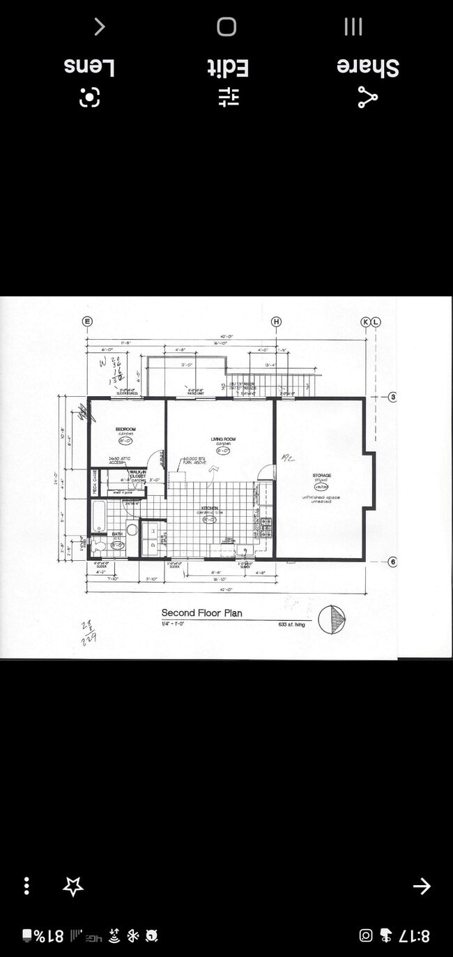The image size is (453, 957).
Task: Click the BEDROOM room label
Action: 126,429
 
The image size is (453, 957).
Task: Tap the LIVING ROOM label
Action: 223,439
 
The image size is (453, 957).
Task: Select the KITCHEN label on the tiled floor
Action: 209,508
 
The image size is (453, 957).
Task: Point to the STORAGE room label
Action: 321,475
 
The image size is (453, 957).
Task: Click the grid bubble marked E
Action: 87,322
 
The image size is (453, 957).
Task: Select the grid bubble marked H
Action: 277,322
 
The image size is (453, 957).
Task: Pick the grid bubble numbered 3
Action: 392,398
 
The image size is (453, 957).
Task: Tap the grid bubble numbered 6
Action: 392,562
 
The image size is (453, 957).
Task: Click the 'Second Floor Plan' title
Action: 202,613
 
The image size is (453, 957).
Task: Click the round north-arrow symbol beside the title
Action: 332,619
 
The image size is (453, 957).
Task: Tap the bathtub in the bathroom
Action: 98,516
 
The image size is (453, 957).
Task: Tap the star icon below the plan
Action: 72,887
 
